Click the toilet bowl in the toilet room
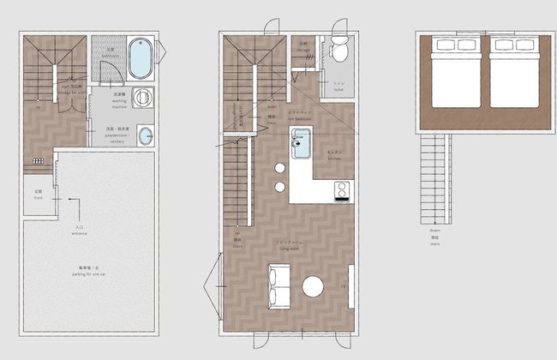tap(338, 53)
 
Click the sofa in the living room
tap(278, 286)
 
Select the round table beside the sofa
tap(314, 287)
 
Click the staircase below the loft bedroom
tap(437, 180)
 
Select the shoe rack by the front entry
tap(37, 160)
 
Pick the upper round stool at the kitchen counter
tap(280, 168)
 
